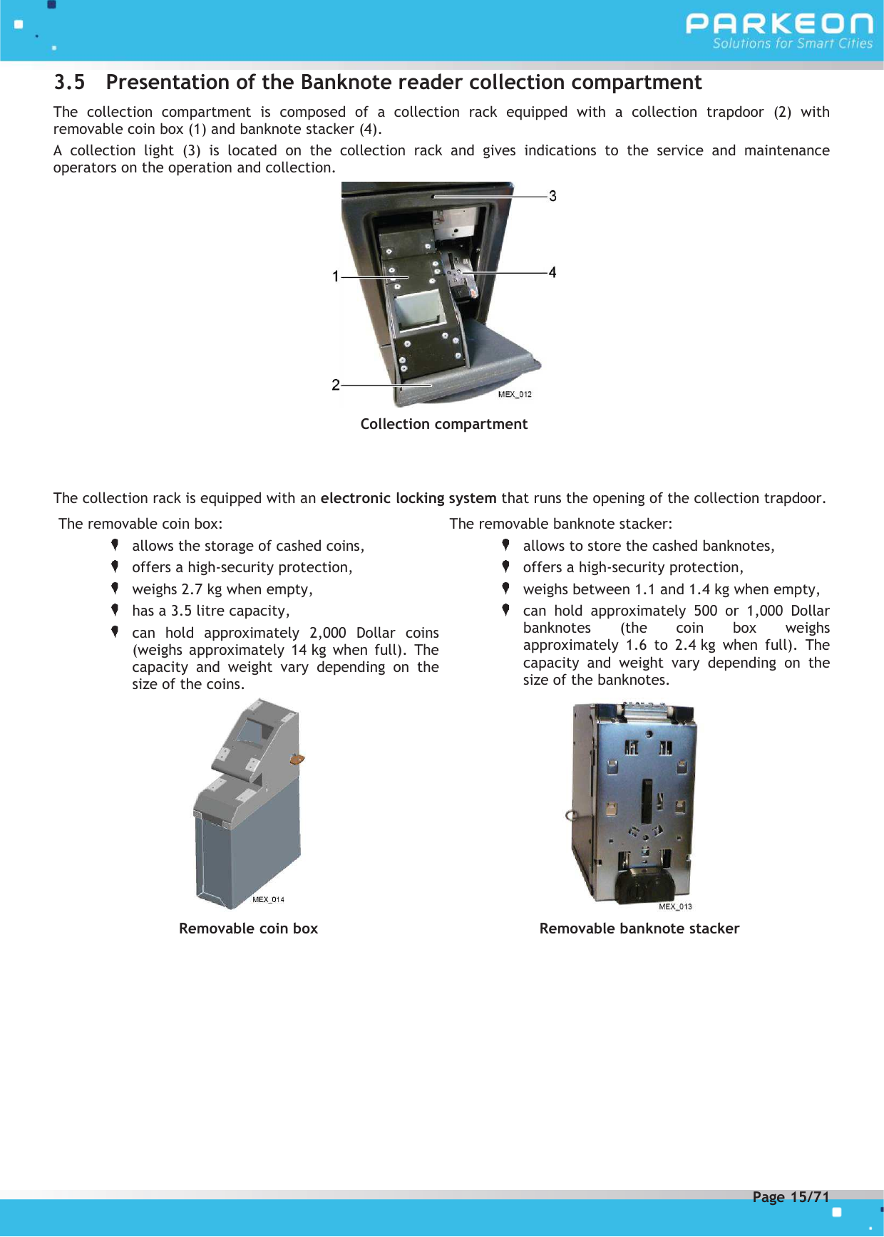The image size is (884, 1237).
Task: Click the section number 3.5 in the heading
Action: click(69, 83)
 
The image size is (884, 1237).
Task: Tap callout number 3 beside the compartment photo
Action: click(552, 196)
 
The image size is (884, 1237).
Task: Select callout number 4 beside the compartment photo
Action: click(552, 272)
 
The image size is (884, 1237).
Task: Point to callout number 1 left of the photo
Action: click(336, 276)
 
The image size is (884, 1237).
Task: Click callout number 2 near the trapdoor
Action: click(336, 385)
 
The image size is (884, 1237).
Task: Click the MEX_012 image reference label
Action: click(515, 395)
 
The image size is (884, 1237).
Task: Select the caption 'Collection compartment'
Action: click(443, 424)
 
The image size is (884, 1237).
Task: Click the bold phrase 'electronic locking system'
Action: click(408, 498)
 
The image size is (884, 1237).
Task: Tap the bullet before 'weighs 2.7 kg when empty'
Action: click(115, 589)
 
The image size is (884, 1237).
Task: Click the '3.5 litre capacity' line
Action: click(210, 611)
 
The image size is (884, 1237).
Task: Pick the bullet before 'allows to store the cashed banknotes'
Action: click(505, 545)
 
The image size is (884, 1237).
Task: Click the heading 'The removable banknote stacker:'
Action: click(560, 524)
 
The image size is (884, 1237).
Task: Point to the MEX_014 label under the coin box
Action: click(268, 899)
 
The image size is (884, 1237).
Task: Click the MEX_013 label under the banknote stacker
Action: click(675, 906)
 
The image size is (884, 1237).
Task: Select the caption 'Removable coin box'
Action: click(248, 928)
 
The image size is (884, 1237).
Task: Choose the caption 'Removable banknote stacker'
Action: click(639, 928)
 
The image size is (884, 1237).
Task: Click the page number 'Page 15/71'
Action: click(791, 1197)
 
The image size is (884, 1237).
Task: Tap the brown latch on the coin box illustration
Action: click(297, 760)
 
